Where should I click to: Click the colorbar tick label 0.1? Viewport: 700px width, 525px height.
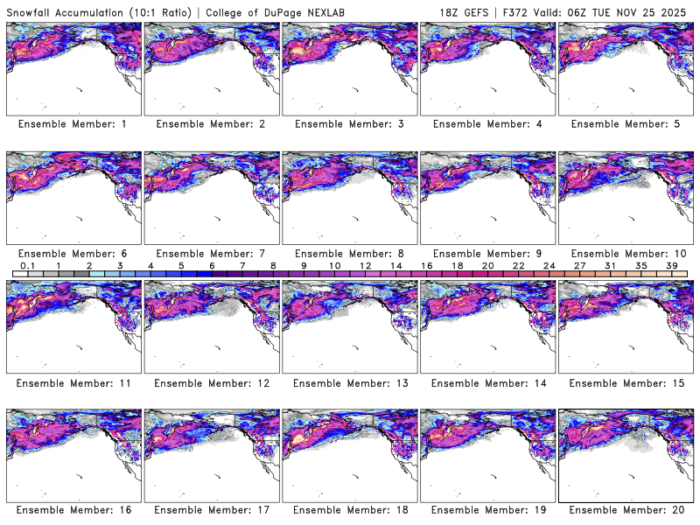tap(27, 265)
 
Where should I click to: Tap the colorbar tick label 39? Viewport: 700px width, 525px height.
tap(672, 265)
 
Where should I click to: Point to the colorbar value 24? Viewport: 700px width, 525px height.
tap(549, 265)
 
